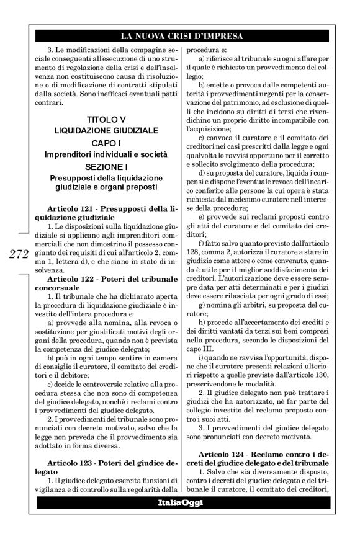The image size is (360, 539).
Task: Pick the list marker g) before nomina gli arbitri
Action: [x=202, y=306]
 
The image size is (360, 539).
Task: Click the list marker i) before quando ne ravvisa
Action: [x=201, y=359]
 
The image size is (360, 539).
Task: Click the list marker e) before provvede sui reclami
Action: [x=202, y=218]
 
